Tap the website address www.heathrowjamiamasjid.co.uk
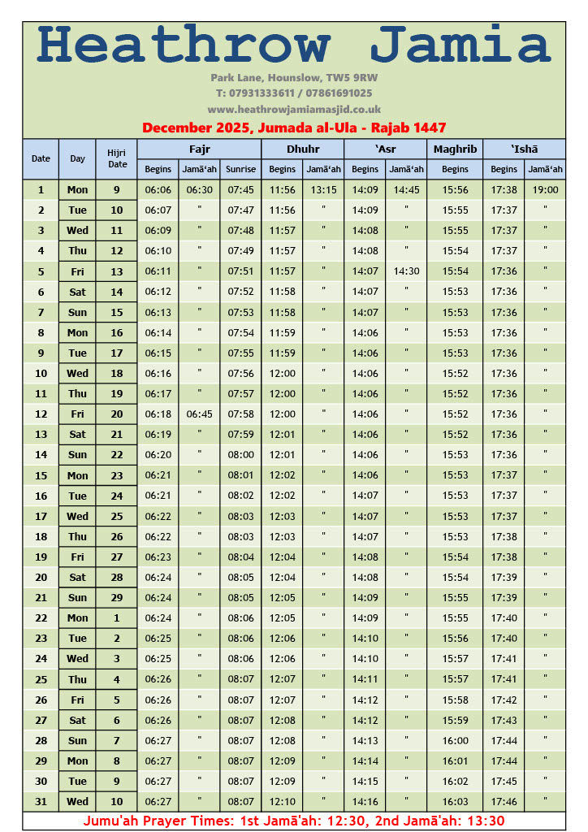(294, 109)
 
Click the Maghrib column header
(455, 149)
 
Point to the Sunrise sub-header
(240, 169)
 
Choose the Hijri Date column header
(117, 158)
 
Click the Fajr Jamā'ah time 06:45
(199, 414)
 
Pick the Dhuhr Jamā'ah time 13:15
(323, 190)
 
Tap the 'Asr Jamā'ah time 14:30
(406, 271)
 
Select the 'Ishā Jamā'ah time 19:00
(545, 190)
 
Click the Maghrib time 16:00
(455, 740)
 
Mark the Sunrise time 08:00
(240, 455)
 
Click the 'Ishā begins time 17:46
(504, 801)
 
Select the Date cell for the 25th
(41, 679)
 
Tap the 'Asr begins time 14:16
(365, 801)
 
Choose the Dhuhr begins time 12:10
(282, 801)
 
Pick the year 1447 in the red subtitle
(426, 128)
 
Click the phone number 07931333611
(257, 93)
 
